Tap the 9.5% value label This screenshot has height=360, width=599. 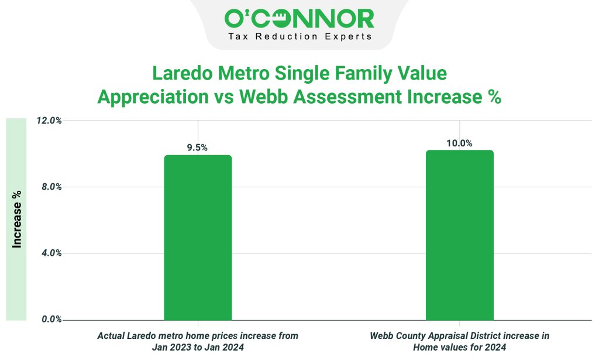point(197,148)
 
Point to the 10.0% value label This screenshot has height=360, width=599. point(459,143)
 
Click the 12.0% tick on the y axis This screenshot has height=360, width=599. point(50,121)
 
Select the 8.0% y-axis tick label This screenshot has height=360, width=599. point(51,187)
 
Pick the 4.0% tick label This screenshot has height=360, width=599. point(51,253)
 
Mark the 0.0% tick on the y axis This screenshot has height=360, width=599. point(51,320)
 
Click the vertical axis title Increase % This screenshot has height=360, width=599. point(17,218)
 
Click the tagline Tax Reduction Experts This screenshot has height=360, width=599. point(299,36)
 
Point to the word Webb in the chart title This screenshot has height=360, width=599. point(260,97)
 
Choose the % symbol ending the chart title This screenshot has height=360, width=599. point(494,97)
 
